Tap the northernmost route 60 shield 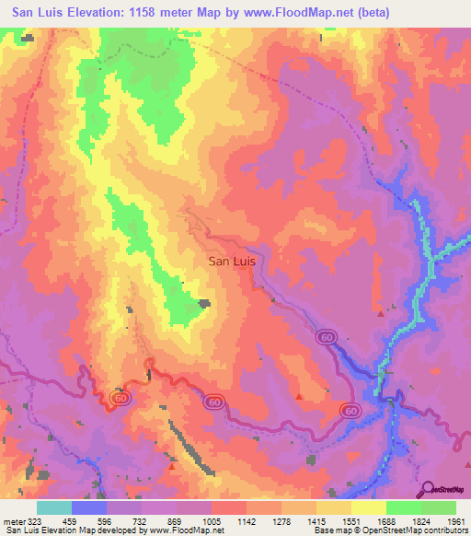tap(328, 338)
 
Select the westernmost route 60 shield tap(119, 396)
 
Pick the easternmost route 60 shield tap(350, 409)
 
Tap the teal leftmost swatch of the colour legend tap(54, 508)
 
